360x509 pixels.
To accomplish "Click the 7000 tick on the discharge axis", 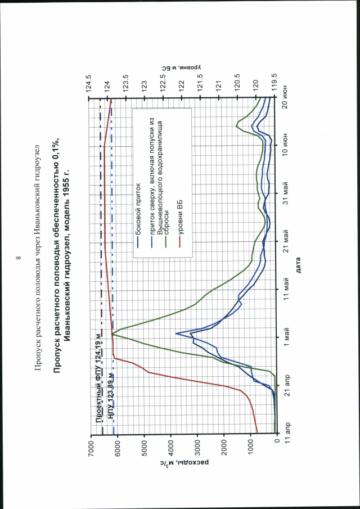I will (90, 444).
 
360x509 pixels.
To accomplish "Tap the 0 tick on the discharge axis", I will (277, 444).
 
